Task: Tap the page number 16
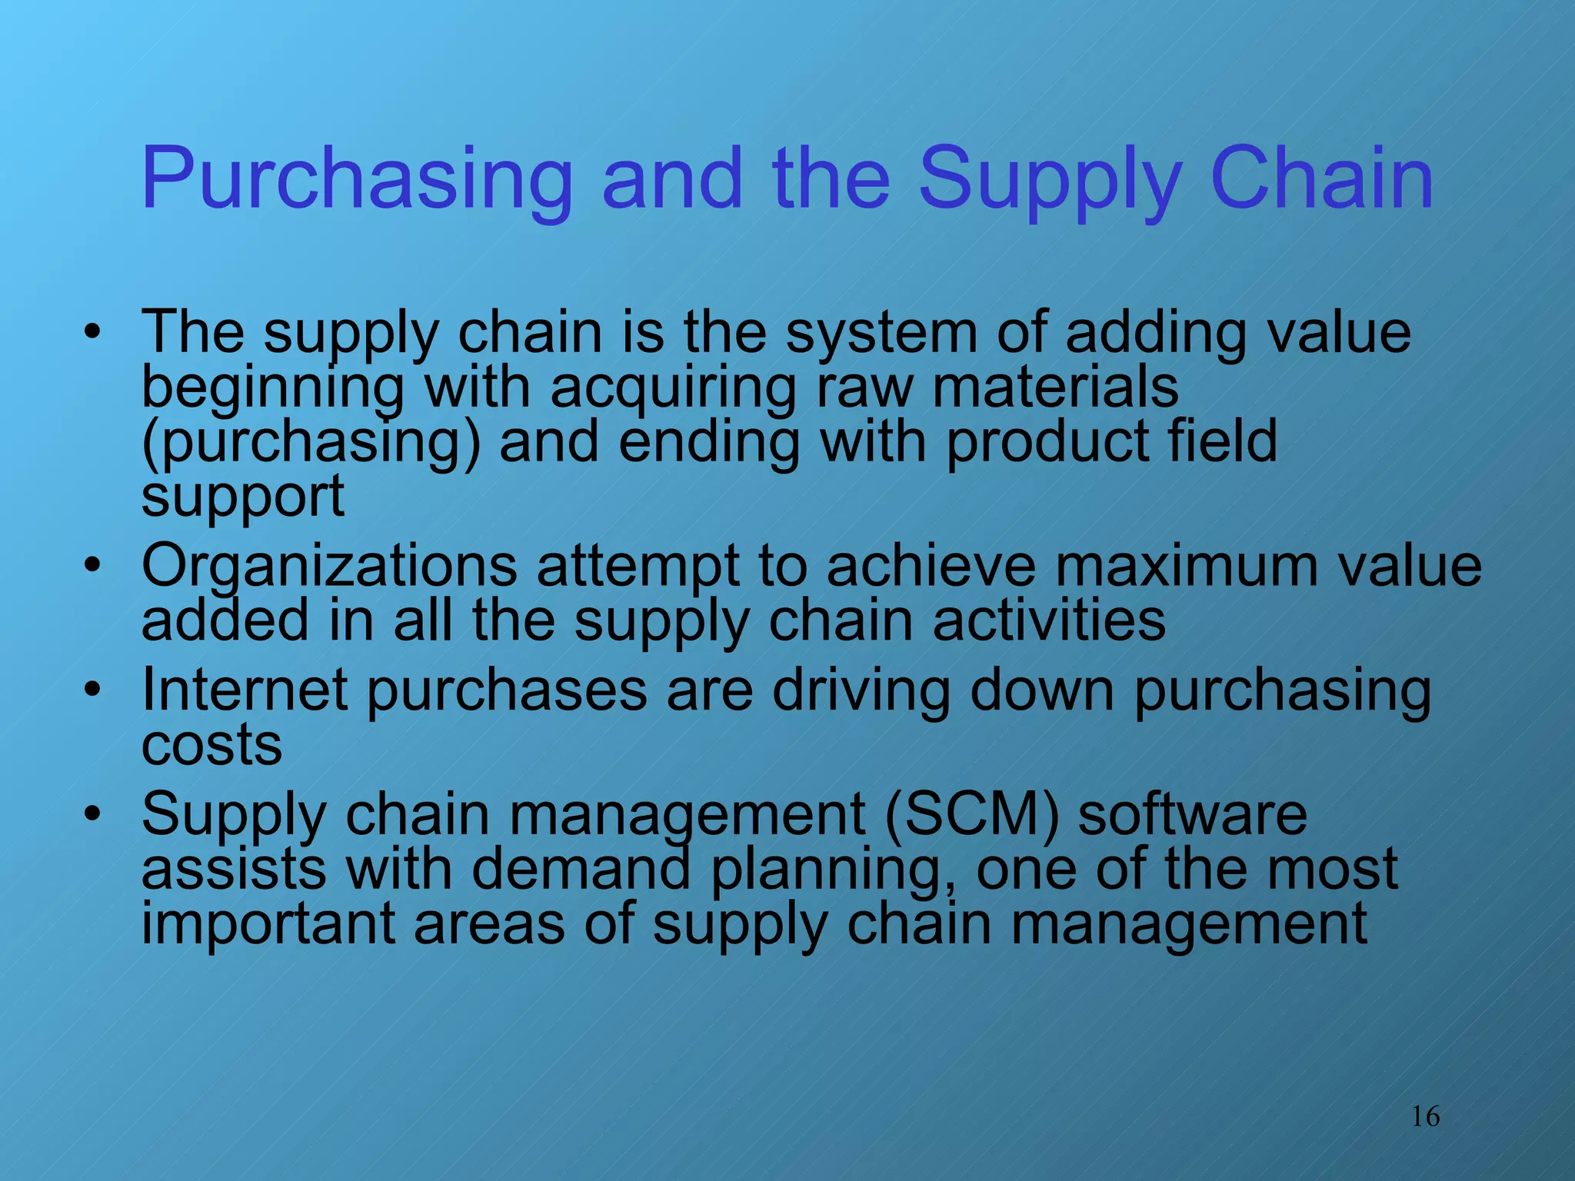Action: (x=1425, y=1116)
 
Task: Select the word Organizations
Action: (x=329, y=567)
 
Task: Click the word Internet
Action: (x=245, y=690)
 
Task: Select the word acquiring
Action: (x=673, y=388)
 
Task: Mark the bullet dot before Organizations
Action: (x=93, y=566)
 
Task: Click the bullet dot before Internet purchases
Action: (x=93, y=689)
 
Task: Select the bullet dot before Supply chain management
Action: (x=93, y=813)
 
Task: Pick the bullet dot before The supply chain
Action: (x=93, y=332)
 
